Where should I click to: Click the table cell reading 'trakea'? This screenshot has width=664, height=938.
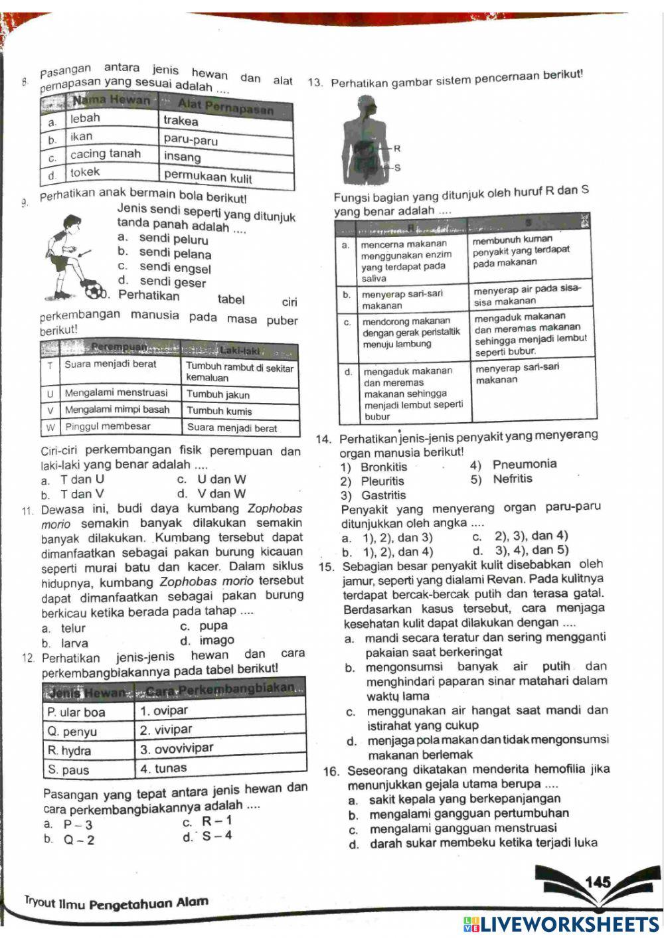pos(181,121)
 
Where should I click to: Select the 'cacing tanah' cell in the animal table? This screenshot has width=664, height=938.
pos(106,154)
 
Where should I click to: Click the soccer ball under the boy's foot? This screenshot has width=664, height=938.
pos(94,290)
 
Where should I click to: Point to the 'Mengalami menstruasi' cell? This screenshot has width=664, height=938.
pos(116,392)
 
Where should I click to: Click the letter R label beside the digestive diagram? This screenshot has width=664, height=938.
pos(397,149)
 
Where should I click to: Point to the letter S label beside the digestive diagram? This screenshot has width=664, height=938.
pos(397,168)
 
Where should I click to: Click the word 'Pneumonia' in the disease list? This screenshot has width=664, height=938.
pos(525,464)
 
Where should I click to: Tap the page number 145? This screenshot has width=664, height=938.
pos(598,882)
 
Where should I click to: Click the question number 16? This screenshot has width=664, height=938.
pos(331,771)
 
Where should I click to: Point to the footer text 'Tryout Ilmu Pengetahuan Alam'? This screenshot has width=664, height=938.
pos(116,903)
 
